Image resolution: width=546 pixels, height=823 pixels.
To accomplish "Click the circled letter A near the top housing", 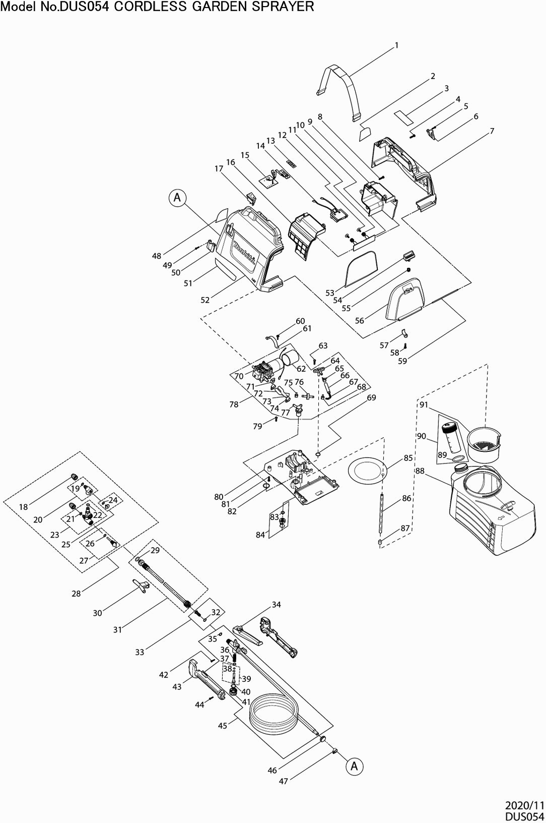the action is pyautogui.click(x=178, y=198).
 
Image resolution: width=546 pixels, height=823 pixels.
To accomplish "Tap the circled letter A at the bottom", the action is pyautogui.click(x=354, y=766).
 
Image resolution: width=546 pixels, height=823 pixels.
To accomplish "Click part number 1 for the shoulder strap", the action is pyautogui.click(x=396, y=45).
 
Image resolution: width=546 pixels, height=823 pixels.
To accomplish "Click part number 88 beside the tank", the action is pyautogui.click(x=420, y=471).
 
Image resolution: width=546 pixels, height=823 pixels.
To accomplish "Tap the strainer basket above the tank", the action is pyautogui.click(x=485, y=445).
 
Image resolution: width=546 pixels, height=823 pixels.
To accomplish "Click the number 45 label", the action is pyautogui.click(x=223, y=726).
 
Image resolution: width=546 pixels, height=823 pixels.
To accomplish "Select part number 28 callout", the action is pyautogui.click(x=76, y=594).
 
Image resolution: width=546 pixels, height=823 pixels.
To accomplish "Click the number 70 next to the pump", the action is pyautogui.click(x=239, y=376).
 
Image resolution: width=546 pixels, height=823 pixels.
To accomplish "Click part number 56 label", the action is pyautogui.click(x=359, y=320).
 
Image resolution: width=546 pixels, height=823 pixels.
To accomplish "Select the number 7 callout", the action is pyautogui.click(x=492, y=131).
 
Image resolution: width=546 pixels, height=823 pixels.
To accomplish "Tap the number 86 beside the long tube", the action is pyautogui.click(x=406, y=498).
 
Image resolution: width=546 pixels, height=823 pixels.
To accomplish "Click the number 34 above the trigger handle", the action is pyautogui.click(x=277, y=604).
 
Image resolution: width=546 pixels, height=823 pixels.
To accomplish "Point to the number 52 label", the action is pyautogui.click(x=205, y=300).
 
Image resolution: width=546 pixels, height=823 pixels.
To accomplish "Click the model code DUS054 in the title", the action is pyautogui.click(x=85, y=6).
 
